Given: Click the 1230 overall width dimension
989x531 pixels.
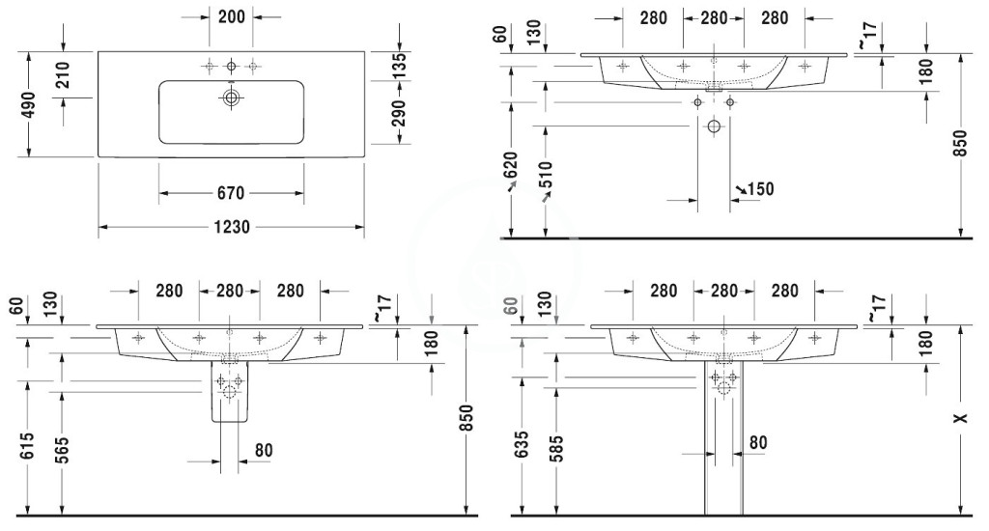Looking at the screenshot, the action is pyautogui.click(x=232, y=227).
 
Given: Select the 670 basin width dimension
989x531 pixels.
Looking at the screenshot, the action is pyautogui.click(x=231, y=193).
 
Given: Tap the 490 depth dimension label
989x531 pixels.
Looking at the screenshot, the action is pyautogui.click(x=28, y=104).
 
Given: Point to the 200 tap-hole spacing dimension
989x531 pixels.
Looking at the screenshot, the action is pyautogui.click(x=232, y=16).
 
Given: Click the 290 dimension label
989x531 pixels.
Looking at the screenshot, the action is pyautogui.click(x=399, y=113).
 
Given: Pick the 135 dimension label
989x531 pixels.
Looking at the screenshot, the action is pyautogui.click(x=399, y=66).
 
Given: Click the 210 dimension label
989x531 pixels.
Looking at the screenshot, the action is pyautogui.click(x=63, y=75).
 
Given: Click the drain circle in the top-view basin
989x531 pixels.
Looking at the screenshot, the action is pyautogui.click(x=232, y=98).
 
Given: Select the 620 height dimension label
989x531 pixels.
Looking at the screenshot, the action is pyautogui.click(x=510, y=165).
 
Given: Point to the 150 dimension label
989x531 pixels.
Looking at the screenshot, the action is pyautogui.click(x=761, y=188).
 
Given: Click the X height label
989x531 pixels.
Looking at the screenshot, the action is pyautogui.click(x=961, y=418).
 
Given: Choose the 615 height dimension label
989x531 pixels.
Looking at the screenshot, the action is pyautogui.click(x=26, y=446).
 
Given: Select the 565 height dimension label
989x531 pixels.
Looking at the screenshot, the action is pyautogui.click(x=61, y=450).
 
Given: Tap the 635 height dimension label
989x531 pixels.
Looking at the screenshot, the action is pyautogui.click(x=522, y=445).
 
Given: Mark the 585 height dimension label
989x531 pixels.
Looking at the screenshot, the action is pyautogui.click(x=555, y=448).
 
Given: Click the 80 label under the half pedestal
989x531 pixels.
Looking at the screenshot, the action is pyautogui.click(x=264, y=450).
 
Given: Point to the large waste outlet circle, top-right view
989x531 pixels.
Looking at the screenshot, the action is pyautogui.click(x=714, y=126).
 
